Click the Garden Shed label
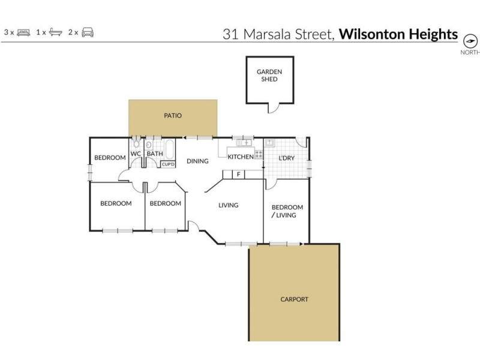tap(269, 76)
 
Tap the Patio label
tap(173, 116)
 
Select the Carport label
tap(294, 299)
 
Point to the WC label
tap(136, 154)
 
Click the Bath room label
tap(155, 154)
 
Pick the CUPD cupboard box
tap(168, 164)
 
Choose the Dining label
tap(197, 161)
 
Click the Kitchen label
tap(240, 157)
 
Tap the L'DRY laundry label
tap(286, 158)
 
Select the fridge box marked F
tap(239, 175)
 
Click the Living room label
tap(228, 205)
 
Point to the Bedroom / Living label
tap(287, 211)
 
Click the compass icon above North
tap(470, 41)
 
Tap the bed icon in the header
tap(24, 32)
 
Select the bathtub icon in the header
tap(55, 32)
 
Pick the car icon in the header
tap(88, 32)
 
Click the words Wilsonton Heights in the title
tap(398, 34)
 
